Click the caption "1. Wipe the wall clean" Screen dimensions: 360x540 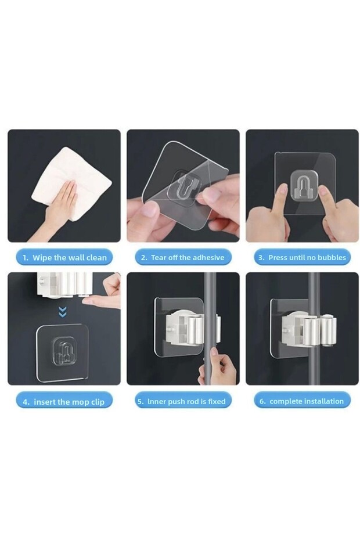coord(64,257)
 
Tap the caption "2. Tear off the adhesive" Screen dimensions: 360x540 coord(182,257)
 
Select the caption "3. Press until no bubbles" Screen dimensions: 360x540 coord(302,257)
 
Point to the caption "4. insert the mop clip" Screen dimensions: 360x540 coord(64,402)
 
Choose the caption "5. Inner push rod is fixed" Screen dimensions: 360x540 coord(182,401)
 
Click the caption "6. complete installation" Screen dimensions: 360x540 coord(301,401)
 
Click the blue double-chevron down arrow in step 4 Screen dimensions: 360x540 coord(62,312)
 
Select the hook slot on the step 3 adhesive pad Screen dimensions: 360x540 coord(304,186)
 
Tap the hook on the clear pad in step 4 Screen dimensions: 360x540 coord(63,352)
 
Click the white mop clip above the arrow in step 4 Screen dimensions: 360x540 coord(63,285)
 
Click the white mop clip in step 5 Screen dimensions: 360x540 coord(193,328)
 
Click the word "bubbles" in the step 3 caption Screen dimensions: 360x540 coord(332,257)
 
